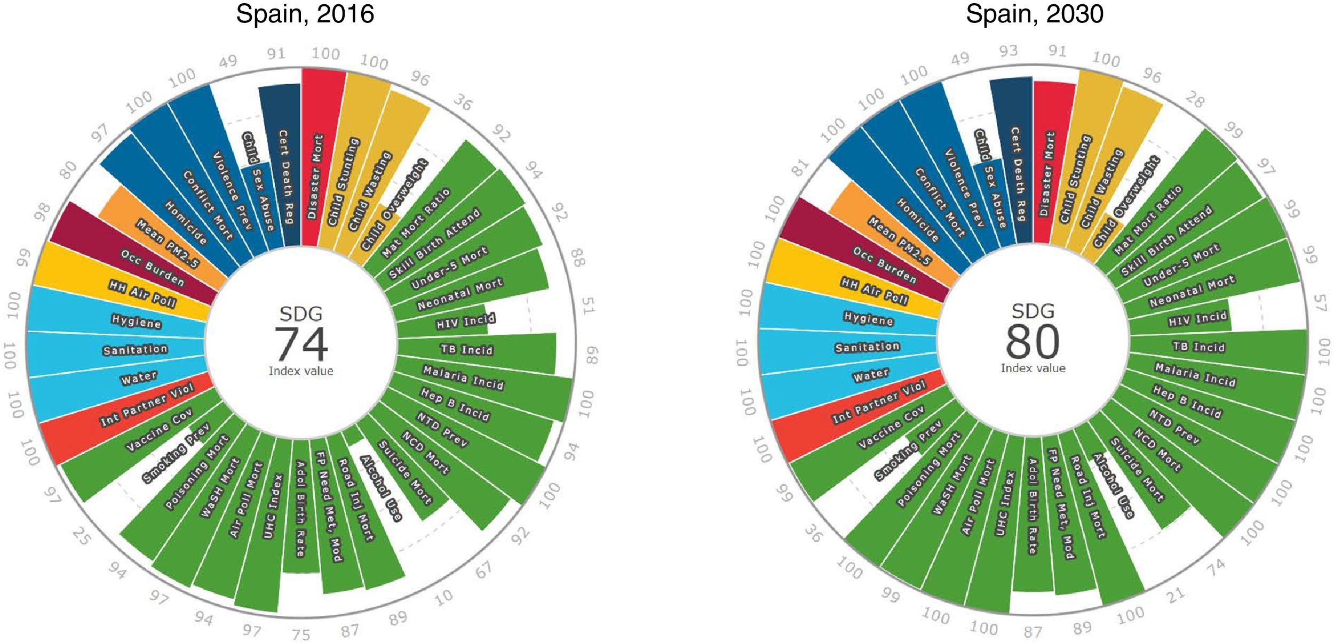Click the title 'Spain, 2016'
305,14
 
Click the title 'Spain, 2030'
1034,14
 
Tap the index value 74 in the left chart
301,344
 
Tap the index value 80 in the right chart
1033,341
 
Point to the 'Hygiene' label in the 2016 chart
136,321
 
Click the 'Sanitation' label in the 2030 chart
867,347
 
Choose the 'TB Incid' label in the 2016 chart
467,350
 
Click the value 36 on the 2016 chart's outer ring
463,102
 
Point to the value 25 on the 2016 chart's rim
81,536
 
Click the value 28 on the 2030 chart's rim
1194,99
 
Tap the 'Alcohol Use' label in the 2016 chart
381,488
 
